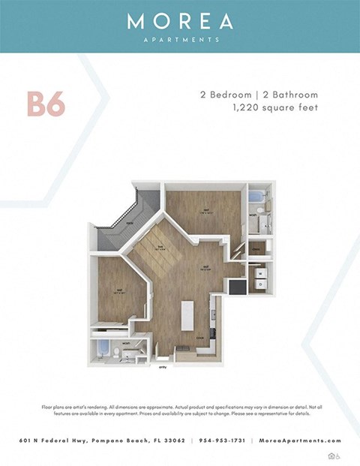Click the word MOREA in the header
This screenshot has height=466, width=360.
tap(180, 21)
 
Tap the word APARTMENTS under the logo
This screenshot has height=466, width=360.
tap(180, 40)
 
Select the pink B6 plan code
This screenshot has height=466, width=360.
tap(46, 105)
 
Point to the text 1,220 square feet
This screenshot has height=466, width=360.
tap(275, 108)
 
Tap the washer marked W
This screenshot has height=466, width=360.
tap(259, 273)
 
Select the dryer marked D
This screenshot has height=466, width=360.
tap(259, 284)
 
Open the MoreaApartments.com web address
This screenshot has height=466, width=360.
tap(300, 441)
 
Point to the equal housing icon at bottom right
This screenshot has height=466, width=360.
tap(332, 455)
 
